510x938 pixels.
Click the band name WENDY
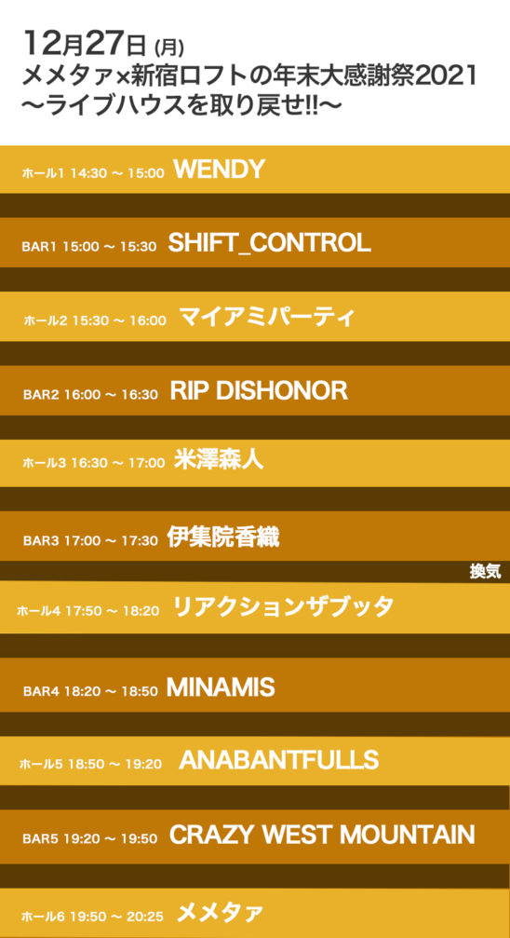(219, 170)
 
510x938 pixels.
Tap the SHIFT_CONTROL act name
(270, 243)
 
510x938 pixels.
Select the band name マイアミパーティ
(267, 317)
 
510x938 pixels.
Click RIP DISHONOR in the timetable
(259, 391)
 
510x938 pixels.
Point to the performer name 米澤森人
(219, 459)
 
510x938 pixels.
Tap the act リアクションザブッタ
(283, 606)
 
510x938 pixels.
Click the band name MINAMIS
(221, 688)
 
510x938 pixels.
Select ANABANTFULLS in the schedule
(279, 760)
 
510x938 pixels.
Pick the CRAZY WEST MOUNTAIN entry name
(322, 836)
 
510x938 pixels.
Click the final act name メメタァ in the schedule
(220, 913)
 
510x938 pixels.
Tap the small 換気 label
(485, 573)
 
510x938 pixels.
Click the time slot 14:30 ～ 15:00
(117, 173)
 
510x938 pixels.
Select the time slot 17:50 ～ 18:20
(113, 611)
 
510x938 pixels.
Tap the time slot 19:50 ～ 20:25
(116, 917)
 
